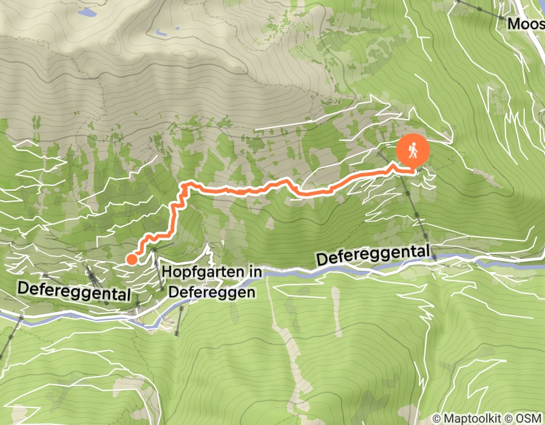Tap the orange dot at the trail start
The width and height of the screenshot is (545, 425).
pyautogui.click(x=131, y=259)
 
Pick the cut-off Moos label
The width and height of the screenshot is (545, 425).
pyautogui.click(x=525, y=24)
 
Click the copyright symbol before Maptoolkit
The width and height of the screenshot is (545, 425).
pyautogui.click(x=436, y=418)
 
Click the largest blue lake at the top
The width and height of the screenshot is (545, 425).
pyautogui.click(x=87, y=12)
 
